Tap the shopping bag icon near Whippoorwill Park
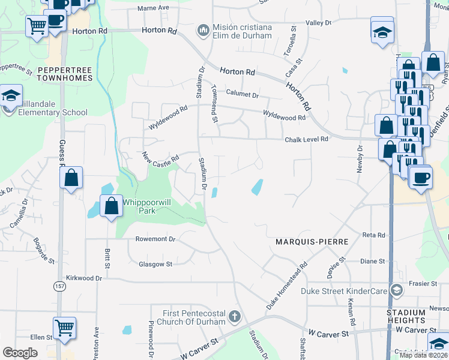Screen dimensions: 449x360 click(x=112, y=206)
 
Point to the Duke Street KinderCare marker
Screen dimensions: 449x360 click(x=396, y=290)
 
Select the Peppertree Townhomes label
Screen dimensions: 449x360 click(x=65, y=74)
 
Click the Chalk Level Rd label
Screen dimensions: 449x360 click(x=306, y=139)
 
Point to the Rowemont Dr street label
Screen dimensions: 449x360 click(x=155, y=239)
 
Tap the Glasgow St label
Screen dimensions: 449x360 click(x=155, y=264)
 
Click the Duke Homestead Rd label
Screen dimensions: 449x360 click(x=287, y=287)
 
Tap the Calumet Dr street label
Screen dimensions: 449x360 click(x=242, y=95)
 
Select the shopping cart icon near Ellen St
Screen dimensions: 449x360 click(x=64, y=328)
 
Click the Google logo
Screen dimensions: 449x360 click(x=20, y=353)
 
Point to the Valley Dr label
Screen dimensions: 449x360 click(x=319, y=23)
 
